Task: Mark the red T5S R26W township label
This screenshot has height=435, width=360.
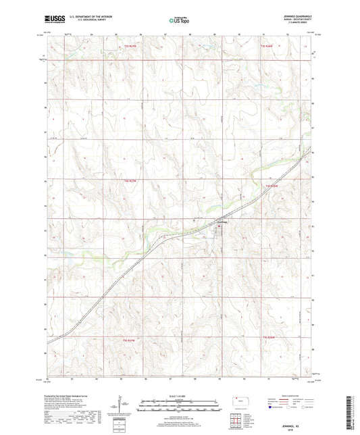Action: tap(270, 338)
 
